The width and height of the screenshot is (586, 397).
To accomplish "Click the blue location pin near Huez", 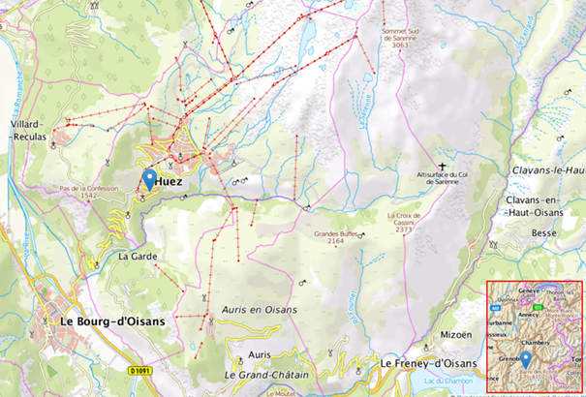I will click(149, 180).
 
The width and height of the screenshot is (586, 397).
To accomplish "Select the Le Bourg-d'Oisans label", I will click(112, 321).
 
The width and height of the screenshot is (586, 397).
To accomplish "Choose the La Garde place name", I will click(138, 257).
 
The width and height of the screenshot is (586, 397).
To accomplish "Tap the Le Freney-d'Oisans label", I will click(429, 363).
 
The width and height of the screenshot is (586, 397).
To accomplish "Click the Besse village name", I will click(545, 233).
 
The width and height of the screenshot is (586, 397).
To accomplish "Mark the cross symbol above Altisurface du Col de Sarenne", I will click(443, 167).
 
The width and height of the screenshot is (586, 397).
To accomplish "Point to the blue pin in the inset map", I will click(525, 358).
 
